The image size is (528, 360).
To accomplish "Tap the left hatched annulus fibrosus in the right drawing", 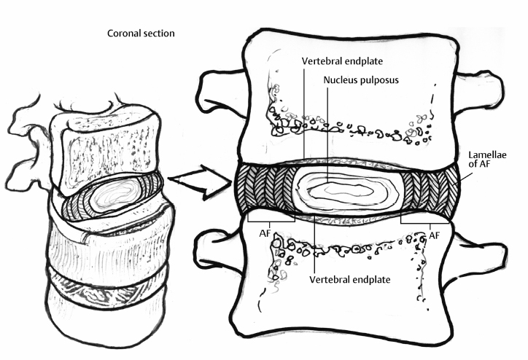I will [x=265, y=191].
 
